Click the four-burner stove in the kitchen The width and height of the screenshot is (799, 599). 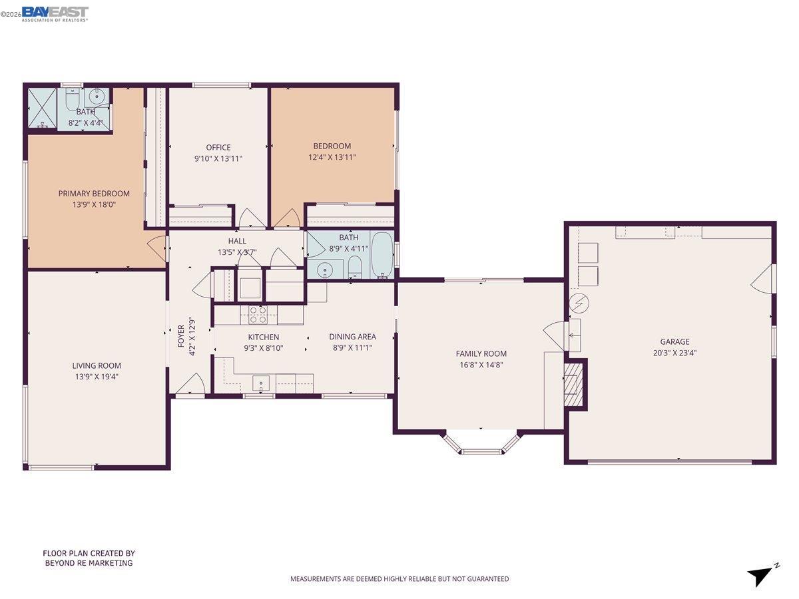[258, 314]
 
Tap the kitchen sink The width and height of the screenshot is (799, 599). [262, 383]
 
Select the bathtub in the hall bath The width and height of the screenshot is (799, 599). [383, 255]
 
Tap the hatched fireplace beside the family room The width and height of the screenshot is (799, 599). [573, 384]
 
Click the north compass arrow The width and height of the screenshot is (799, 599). [761, 574]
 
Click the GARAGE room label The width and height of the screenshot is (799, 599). [675, 342]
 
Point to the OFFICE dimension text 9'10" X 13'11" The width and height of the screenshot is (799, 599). [218, 158]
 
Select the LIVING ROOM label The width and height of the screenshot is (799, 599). [97, 365]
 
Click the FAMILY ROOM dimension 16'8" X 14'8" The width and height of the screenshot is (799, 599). [481, 365]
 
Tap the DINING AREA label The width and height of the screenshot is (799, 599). [352, 337]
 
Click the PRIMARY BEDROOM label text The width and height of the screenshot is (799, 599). [94, 194]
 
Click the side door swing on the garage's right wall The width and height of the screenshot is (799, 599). [766, 279]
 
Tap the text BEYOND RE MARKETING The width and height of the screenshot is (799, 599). [89, 563]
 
